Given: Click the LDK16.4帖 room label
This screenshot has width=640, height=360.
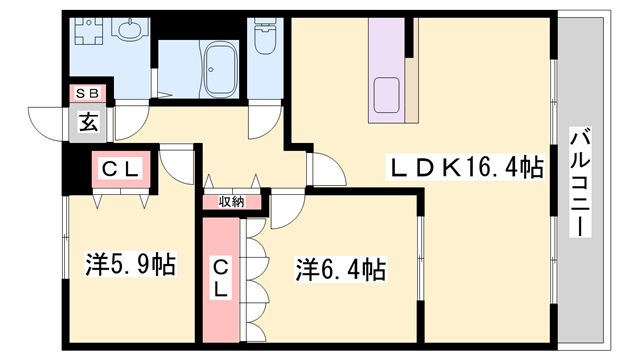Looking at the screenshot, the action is pos(466,167).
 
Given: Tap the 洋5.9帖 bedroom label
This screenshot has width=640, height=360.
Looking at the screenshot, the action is pos(131,264).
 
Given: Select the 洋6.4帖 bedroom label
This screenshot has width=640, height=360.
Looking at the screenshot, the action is pos(340,269).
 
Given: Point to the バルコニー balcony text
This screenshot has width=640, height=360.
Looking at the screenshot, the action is pos(580,182).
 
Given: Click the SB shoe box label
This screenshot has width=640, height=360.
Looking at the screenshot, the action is pos(88,94).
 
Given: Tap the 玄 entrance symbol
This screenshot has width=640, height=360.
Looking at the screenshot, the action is pos(88,123).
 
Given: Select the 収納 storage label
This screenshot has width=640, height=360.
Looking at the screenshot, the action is pos(231,202).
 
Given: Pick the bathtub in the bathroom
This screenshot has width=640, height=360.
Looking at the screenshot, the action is pos(221,69).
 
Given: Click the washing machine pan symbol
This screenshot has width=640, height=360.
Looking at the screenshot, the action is pos(89,31).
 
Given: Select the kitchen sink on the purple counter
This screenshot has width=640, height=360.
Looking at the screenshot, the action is pos(387,95).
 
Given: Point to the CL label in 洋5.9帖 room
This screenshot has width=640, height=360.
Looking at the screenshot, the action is pos(121,169).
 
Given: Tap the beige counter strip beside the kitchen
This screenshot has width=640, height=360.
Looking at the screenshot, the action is pos(411,91).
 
